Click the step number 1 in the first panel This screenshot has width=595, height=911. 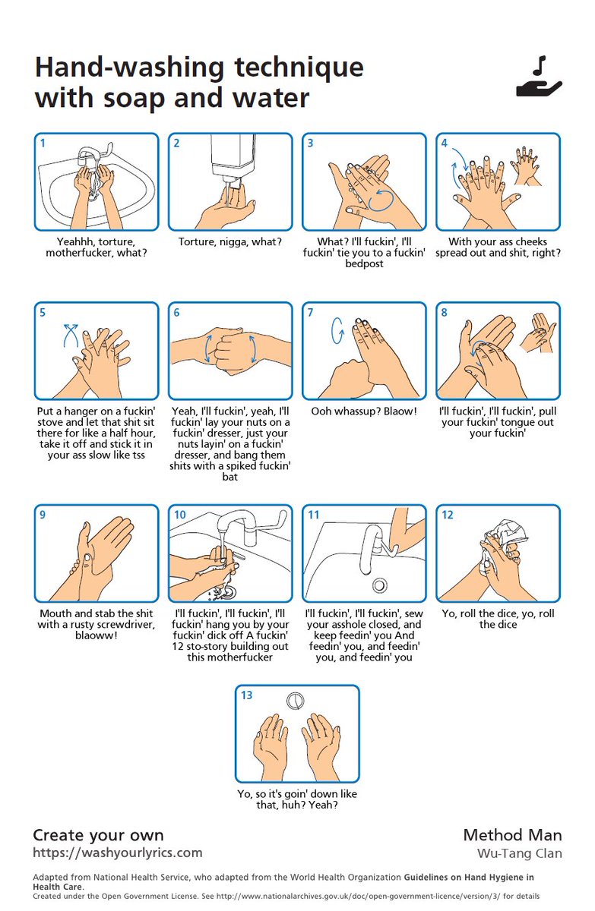43,143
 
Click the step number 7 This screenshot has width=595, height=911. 310,312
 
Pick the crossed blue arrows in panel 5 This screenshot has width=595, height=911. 71,334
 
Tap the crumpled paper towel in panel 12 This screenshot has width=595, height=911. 505,540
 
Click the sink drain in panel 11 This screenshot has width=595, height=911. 379,585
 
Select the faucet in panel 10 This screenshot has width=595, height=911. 244,527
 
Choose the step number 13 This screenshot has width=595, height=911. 246,695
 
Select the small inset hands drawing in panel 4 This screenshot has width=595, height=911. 526,167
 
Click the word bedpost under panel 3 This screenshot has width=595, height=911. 364,264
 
